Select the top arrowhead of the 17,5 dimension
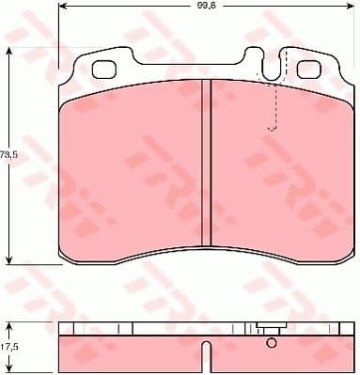click(x=9, y=324)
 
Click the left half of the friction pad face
click(x=132, y=169)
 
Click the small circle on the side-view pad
click(x=272, y=341)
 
